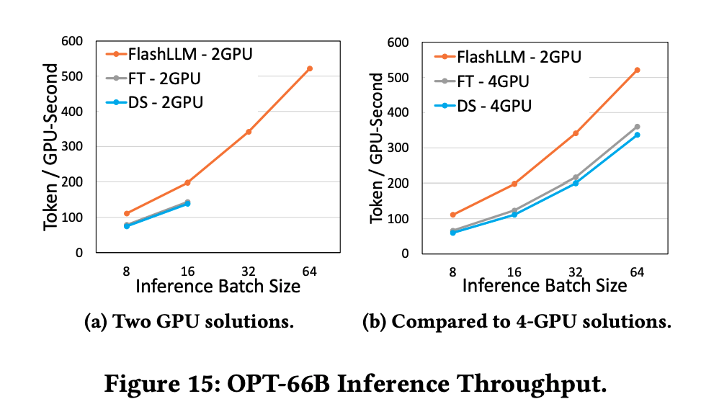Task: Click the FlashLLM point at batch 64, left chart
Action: pyautogui.click(x=310, y=68)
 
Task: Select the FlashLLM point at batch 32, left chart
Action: pyautogui.click(x=249, y=132)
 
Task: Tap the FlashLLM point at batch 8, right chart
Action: pyautogui.click(x=453, y=215)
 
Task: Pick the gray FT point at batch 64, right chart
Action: pyautogui.click(x=637, y=127)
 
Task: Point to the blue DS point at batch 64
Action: pyautogui.click(x=637, y=135)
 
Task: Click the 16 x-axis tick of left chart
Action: pyautogui.click(x=187, y=272)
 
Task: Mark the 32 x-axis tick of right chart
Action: pyautogui.click(x=576, y=272)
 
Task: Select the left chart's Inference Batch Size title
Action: pyautogui.click(x=218, y=287)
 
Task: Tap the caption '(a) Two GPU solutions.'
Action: pyautogui.click(x=189, y=321)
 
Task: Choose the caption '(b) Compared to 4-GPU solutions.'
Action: pyautogui.click(x=517, y=321)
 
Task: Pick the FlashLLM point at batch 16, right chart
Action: pyautogui.click(x=514, y=184)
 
